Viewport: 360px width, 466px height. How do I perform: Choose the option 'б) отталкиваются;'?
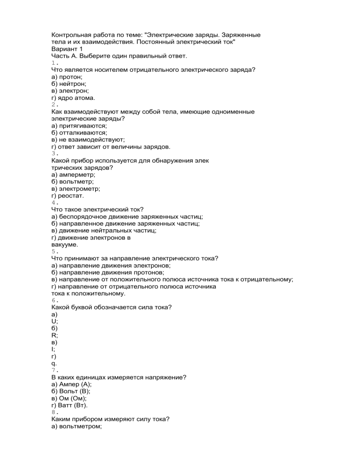(79, 133)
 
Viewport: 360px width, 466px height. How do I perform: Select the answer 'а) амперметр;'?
(73, 174)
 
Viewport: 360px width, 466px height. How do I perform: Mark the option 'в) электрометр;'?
(76, 188)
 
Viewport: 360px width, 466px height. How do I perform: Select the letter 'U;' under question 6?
(54, 321)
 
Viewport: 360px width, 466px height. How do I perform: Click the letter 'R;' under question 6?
(54, 335)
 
